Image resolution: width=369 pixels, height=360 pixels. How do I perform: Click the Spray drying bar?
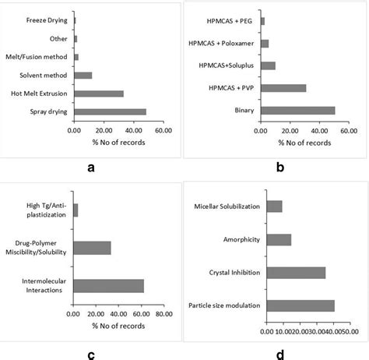tap(110, 111)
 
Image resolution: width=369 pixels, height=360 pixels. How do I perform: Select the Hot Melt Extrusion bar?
tap(99, 94)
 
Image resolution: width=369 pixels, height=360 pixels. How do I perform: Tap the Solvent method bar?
tap(83, 76)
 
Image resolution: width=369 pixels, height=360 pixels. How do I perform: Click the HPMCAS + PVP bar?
tap(283, 88)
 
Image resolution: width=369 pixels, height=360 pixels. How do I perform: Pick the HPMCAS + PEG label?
tap(228, 21)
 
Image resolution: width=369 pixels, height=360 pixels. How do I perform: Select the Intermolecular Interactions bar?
tap(108, 285)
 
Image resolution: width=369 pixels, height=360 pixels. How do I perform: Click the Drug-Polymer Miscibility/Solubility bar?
tap(92, 248)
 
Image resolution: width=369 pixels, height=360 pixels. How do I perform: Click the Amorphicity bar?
tap(279, 239)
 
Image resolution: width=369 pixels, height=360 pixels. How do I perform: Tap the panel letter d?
tap(279, 355)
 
